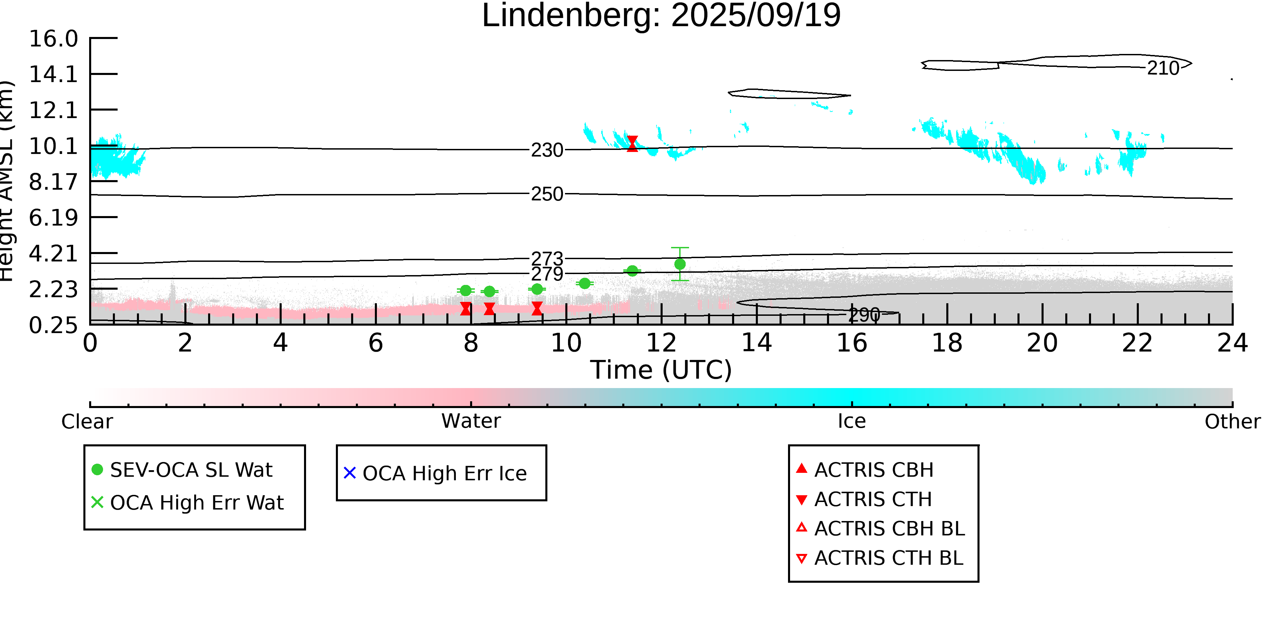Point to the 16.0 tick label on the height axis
[53, 39]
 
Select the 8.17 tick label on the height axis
[53, 182]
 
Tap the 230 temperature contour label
[547, 150]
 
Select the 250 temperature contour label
[547, 194]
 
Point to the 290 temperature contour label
[864, 314]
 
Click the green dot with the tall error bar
[680, 264]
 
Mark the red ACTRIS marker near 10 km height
[632, 144]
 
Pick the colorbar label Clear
[87, 422]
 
